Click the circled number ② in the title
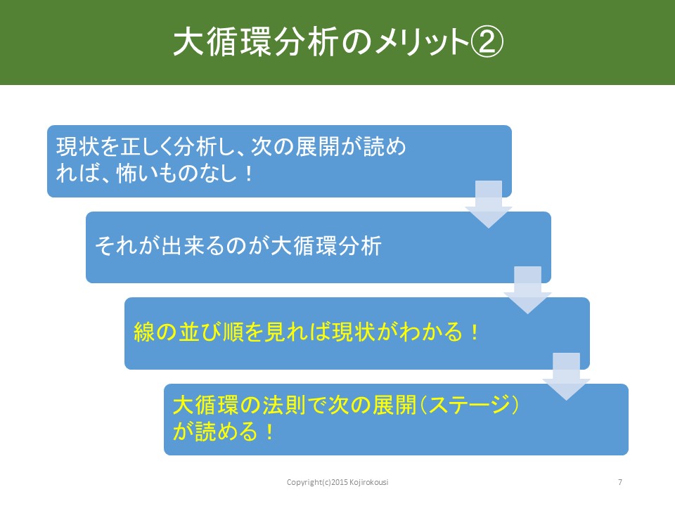[x=487, y=43]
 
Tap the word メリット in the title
[x=422, y=43]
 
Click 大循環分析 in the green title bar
[x=257, y=43]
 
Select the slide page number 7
[x=620, y=482]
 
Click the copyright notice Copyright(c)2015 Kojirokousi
[x=337, y=482]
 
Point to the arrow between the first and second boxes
[x=489, y=205]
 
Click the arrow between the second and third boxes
[x=528, y=290]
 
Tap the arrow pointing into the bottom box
[x=566, y=377]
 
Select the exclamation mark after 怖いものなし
[x=249, y=174]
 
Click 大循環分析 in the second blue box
[x=326, y=246]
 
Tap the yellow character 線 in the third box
[x=144, y=332]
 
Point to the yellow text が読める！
[x=223, y=432]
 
